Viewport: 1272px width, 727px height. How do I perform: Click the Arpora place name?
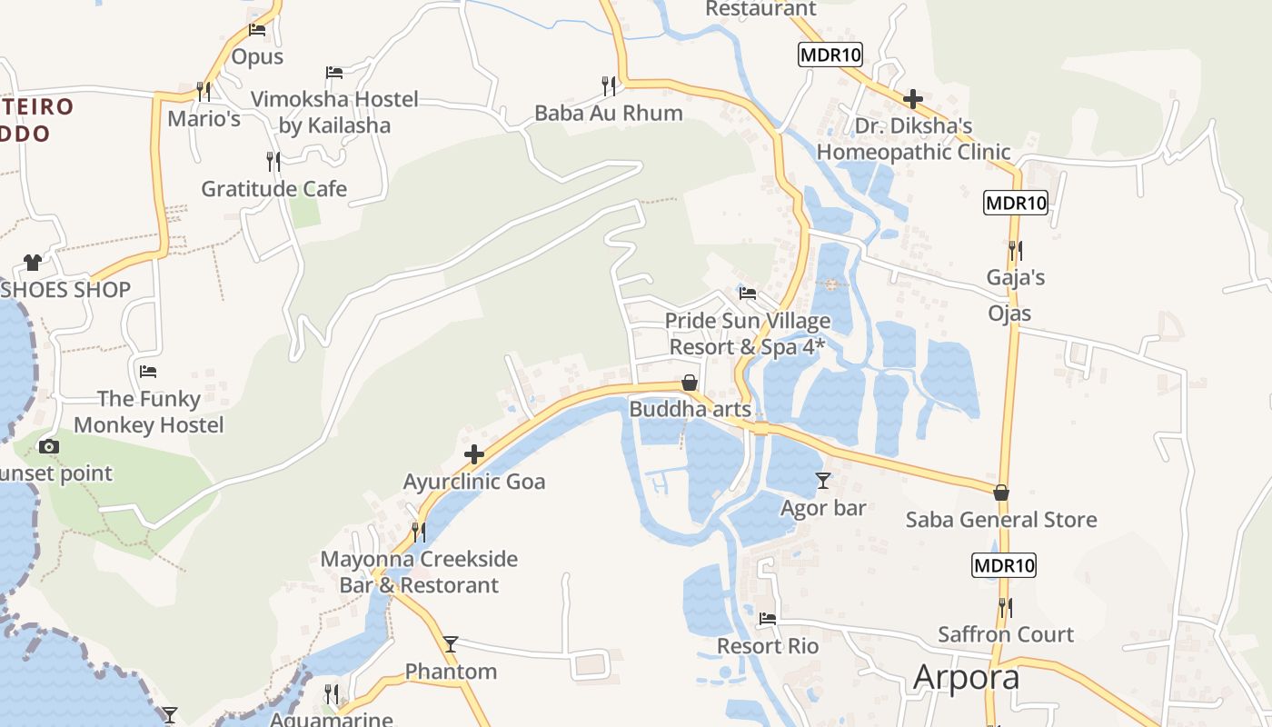(x=966, y=677)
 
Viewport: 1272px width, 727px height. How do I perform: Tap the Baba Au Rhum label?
(x=608, y=114)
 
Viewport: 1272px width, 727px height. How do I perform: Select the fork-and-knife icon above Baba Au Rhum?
(x=609, y=85)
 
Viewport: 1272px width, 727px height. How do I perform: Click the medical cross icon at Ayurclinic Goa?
(x=474, y=454)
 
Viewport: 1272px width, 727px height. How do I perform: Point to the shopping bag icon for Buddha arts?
(x=690, y=383)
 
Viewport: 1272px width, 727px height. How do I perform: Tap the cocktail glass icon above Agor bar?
(x=823, y=480)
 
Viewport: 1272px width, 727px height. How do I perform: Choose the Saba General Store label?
(x=1001, y=520)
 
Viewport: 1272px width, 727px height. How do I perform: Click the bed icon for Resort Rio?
(x=768, y=619)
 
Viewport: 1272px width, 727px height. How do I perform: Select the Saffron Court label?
(x=1006, y=634)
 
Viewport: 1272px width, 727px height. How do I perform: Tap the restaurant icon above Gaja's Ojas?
(x=1015, y=250)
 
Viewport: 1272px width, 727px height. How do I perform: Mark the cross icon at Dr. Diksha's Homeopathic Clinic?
(x=913, y=98)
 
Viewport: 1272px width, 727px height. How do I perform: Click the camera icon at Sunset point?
(x=49, y=446)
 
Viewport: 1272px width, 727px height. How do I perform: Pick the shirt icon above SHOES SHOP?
(x=33, y=263)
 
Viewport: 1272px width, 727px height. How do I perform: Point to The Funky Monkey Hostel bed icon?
(x=148, y=372)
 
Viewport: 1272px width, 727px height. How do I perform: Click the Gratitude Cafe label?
(x=273, y=189)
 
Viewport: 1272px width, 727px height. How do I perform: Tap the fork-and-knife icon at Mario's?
(x=204, y=91)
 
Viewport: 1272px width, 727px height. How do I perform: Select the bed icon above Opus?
(x=257, y=30)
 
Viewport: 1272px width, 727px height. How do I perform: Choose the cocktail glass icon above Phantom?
(x=451, y=644)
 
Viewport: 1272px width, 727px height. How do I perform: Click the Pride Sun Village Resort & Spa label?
(x=749, y=334)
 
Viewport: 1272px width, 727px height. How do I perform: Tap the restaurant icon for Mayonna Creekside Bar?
(x=418, y=532)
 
